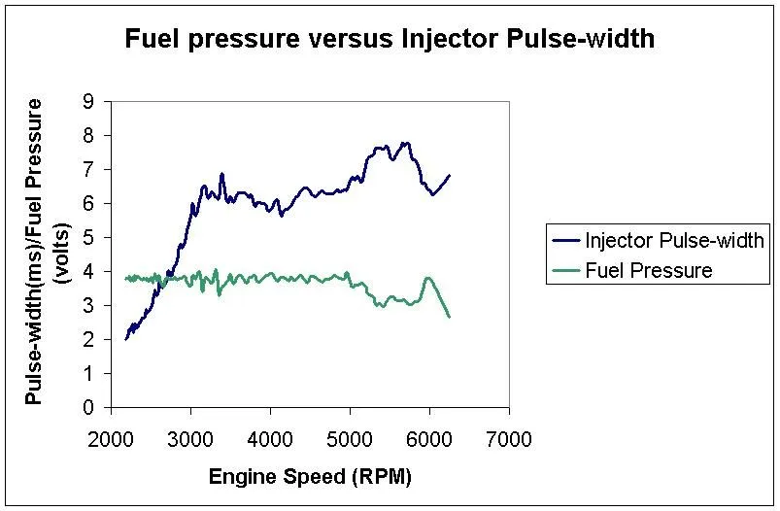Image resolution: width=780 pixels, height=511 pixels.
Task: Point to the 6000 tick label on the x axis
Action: coord(429,438)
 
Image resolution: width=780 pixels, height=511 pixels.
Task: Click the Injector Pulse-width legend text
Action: coord(674,240)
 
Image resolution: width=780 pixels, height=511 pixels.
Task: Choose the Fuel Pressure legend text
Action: coord(648,270)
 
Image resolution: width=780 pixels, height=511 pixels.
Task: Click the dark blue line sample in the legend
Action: coord(563,240)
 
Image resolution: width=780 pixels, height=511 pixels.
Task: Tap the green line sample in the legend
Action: coord(563,270)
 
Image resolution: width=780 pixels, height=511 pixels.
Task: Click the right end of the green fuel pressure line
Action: coord(449,317)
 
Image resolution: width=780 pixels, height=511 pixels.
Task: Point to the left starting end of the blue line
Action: coord(126,339)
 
